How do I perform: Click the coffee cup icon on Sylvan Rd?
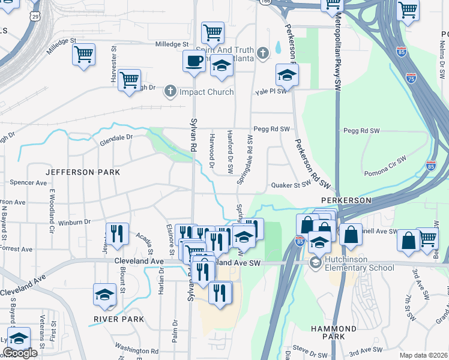coord(194,61)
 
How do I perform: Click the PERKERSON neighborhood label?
coord(346,200)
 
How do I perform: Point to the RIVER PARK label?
coord(119,319)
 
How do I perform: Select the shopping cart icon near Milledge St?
coord(83,55)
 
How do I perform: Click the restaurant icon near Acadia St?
coord(117,233)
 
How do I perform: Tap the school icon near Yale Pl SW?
coord(287,76)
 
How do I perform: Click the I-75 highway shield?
coord(410,78)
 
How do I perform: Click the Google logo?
coord(19,353)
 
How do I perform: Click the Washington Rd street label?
coord(136,350)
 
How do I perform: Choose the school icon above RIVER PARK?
coord(104,295)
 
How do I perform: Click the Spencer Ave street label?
coord(28,182)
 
